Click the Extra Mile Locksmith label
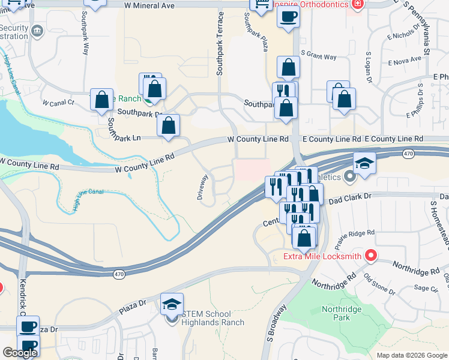point(322,257)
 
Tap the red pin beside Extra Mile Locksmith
point(370,256)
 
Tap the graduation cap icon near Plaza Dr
point(172,304)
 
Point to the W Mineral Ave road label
point(149,5)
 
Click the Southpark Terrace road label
point(220,43)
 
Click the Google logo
point(20,353)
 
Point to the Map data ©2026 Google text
point(412,355)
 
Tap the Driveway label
point(203,187)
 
